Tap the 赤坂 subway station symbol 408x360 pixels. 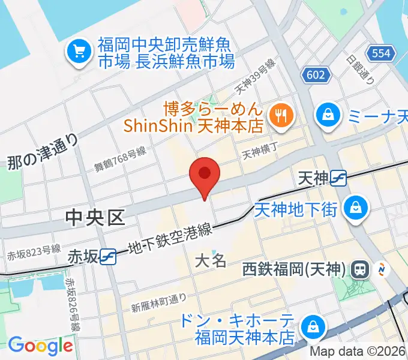pyautogui.click(x=109, y=256)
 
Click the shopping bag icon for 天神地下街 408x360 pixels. pyautogui.click(x=357, y=208)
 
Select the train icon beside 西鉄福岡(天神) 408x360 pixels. pyautogui.click(x=361, y=269)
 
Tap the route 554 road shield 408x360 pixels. pyautogui.click(x=384, y=54)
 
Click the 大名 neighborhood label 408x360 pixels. pyautogui.click(x=211, y=261)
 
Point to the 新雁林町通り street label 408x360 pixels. pyautogui.click(x=159, y=303)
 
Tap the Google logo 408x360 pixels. pyautogui.click(x=40, y=346)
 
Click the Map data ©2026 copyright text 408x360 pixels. pyautogui.click(x=357, y=352)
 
